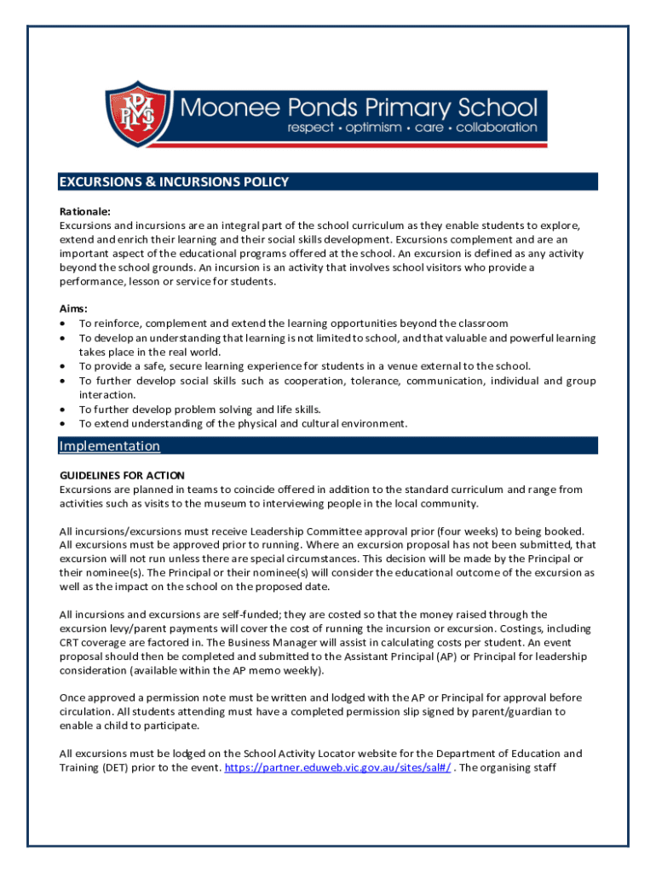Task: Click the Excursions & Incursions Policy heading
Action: coord(174,181)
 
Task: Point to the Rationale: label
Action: coord(85,211)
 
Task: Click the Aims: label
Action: coord(74,308)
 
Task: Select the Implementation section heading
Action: coord(109,445)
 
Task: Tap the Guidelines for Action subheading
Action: coord(122,475)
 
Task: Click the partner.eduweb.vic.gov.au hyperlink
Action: coord(338,767)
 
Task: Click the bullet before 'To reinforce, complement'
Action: coord(64,324)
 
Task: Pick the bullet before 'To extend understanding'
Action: coord(64,423)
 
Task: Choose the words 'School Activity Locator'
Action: coord(309,753)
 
